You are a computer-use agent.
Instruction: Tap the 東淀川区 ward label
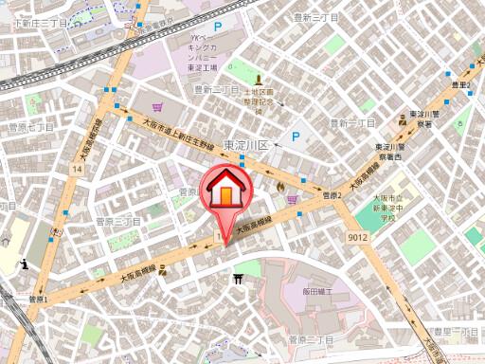click(246, 145)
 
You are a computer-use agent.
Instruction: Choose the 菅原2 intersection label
click(331, 194)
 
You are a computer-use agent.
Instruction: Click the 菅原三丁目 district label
click(118, 221)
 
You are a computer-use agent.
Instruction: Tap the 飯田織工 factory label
click(320, 292)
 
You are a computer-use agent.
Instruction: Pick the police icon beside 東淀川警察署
click(402, 121)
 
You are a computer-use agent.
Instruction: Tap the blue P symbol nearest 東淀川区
click(294, 137)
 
